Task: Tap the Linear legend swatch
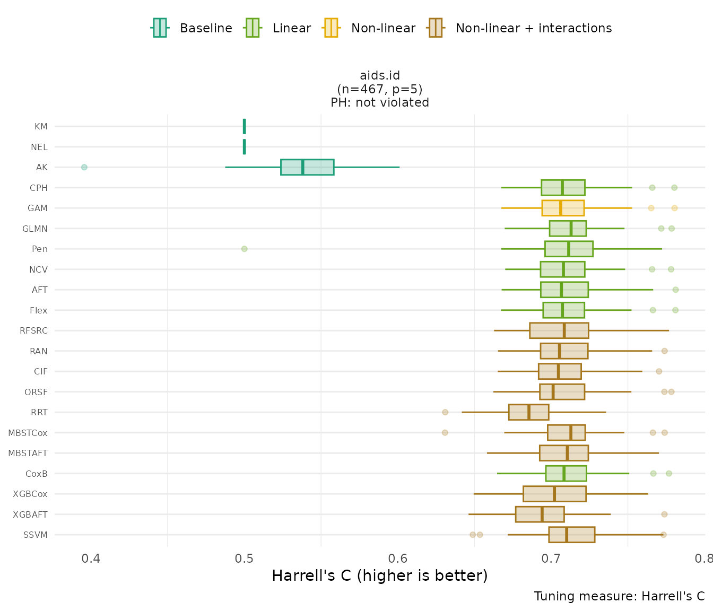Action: coord(252,28)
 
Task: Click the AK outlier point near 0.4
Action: coord(84,167)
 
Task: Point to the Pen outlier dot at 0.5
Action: coord(244,249)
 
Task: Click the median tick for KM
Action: coord(244,126)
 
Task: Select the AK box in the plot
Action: coord(307,167)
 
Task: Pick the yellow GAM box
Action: coord(562,208)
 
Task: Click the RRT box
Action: coord(528,412)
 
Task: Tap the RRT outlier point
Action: coord(445,412)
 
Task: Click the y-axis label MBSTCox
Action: coord(28,433)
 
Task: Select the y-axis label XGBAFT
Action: coord(30,514)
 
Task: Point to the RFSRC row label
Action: coord(33,331)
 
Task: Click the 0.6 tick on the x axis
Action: coord(397,559)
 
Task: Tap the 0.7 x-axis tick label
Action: coord(551,559)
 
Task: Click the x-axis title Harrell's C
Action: coord(379,575)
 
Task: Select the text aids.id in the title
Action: coord(380,75)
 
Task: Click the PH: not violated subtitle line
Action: coord(380,102)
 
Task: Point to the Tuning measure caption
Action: coord(619,596)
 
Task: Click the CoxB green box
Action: coord(566,474)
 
